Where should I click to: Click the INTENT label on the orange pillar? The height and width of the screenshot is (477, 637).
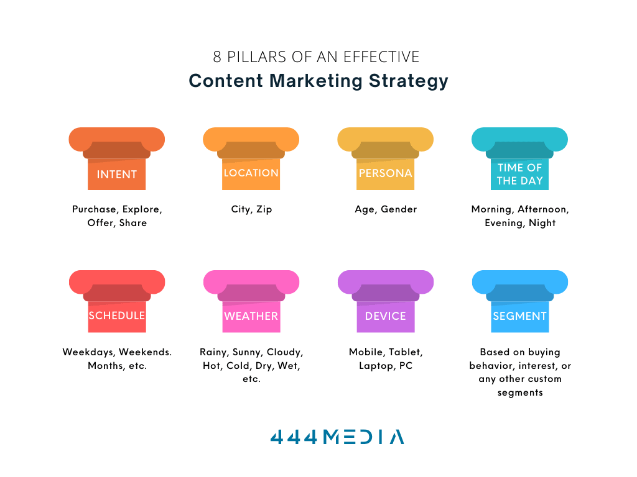[x=116, y=175]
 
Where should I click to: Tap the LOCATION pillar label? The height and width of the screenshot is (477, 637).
[x=251, y=173]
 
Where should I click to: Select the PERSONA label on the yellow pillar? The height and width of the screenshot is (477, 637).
[x=386, y=173]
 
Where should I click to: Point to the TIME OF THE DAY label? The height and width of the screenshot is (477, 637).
[x=519, y=174]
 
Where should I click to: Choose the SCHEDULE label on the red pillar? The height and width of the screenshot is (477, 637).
[x=117, y=316]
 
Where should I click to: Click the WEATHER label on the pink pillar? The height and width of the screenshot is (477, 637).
[x=251, y=316]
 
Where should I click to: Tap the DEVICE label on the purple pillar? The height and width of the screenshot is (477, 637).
[x=386, y=316]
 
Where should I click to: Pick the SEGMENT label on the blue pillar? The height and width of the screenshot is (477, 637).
[x=519, y=316]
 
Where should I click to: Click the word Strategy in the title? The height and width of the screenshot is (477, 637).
[x=408, y=81]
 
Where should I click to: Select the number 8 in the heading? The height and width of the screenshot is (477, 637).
[x=217, y=57]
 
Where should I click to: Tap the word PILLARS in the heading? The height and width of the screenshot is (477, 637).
[x=257, y=57]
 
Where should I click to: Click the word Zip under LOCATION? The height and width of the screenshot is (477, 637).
[x=264, y=209]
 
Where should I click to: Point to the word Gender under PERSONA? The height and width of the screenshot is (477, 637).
[x=399, y=209]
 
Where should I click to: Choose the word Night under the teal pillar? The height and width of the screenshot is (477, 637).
[x=542, y=223]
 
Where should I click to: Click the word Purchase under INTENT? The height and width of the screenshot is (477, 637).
[x=95, y=209]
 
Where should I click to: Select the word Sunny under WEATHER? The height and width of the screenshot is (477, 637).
[x=248, y=352]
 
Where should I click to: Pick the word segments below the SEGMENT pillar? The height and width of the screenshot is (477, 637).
[x=520, y=393]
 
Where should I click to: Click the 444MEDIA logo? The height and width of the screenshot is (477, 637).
[x=337, y=437]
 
